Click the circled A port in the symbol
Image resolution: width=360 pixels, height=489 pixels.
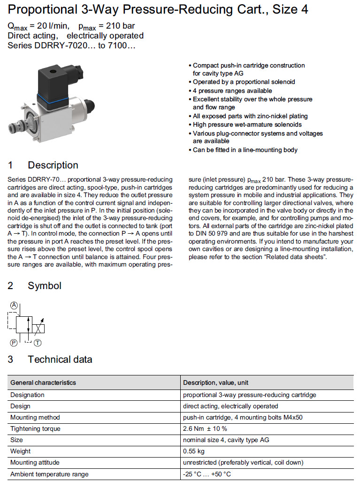[14, 306]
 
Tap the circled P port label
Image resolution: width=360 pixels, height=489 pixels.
[14, 343]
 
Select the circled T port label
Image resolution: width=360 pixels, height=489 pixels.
[37, 343]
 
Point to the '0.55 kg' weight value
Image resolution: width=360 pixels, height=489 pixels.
[194, 451]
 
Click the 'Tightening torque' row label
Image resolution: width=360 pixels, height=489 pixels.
[35, 428]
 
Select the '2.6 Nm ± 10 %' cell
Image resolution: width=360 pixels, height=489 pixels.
[205, 428]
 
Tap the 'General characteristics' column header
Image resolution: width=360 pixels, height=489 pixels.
[43, 382]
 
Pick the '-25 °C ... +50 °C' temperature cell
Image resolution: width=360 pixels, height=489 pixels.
[207, 474]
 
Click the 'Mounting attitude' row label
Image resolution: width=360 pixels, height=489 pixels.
[35, 462]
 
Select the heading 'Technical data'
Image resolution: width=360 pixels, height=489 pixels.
[60, 359]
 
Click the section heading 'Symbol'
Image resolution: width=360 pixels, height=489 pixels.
[44, 285]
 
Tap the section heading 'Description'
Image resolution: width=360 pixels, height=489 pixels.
[53, 165]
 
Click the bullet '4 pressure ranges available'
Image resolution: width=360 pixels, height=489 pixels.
[232, 91]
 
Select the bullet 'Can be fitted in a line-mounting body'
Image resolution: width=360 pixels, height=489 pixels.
[245, 150]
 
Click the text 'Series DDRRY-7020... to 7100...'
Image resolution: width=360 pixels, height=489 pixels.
[71, 46]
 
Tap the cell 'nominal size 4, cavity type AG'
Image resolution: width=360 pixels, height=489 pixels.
[226, 440]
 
